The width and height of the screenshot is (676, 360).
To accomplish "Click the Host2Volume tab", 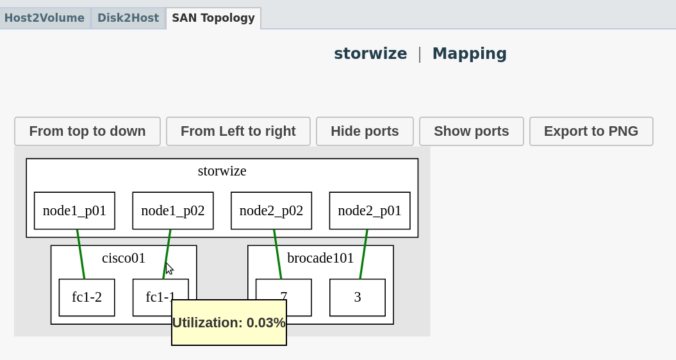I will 44,18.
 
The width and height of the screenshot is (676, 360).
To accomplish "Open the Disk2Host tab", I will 128,18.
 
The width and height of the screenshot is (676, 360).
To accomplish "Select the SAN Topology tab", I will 213,18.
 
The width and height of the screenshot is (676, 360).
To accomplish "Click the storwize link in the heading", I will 370,54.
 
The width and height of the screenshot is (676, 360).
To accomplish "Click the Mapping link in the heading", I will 469,54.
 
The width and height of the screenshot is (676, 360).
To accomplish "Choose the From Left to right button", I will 238,131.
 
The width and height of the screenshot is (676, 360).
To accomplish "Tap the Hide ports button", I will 365,131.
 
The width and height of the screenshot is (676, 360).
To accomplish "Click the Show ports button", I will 472,131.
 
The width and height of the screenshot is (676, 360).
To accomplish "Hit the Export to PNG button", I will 591,131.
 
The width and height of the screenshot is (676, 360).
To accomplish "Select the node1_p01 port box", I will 74,211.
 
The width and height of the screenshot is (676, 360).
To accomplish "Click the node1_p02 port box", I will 173,211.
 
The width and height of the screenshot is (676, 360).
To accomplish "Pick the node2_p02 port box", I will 271,211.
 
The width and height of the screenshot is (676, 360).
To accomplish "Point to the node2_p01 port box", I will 370,211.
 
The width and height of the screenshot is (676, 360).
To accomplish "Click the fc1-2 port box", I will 87,297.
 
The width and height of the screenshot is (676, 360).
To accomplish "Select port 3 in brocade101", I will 358,297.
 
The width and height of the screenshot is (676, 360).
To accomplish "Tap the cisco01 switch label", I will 124,258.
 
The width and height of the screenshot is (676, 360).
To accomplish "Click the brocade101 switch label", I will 320,258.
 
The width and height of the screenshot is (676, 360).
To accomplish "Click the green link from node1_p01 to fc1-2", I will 81,254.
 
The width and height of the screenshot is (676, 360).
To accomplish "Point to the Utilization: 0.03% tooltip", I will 229,323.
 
